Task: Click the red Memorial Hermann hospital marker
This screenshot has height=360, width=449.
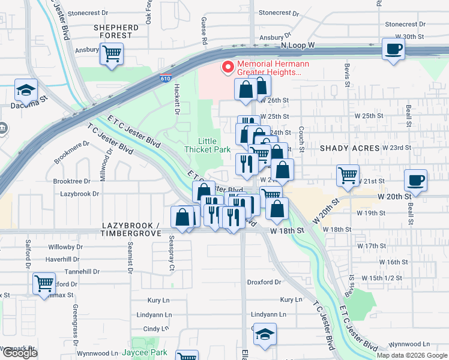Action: click(x=228, y=67)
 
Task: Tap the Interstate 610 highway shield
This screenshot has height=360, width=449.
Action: click(x=165, y=79)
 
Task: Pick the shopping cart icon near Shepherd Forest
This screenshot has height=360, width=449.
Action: click(x=112, y=53)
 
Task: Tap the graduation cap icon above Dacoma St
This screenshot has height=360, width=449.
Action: click(x=26, y=90)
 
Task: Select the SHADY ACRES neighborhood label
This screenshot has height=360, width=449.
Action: click(x=349, y=148)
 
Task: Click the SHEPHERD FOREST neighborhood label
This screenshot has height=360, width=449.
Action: click(x=116, y=31)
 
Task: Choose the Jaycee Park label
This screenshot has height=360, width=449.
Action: click(x=144, y=352)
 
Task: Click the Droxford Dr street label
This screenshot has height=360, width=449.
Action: click(x=264, y=282)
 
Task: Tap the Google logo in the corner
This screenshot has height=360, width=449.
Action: click(x=20, y=353)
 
